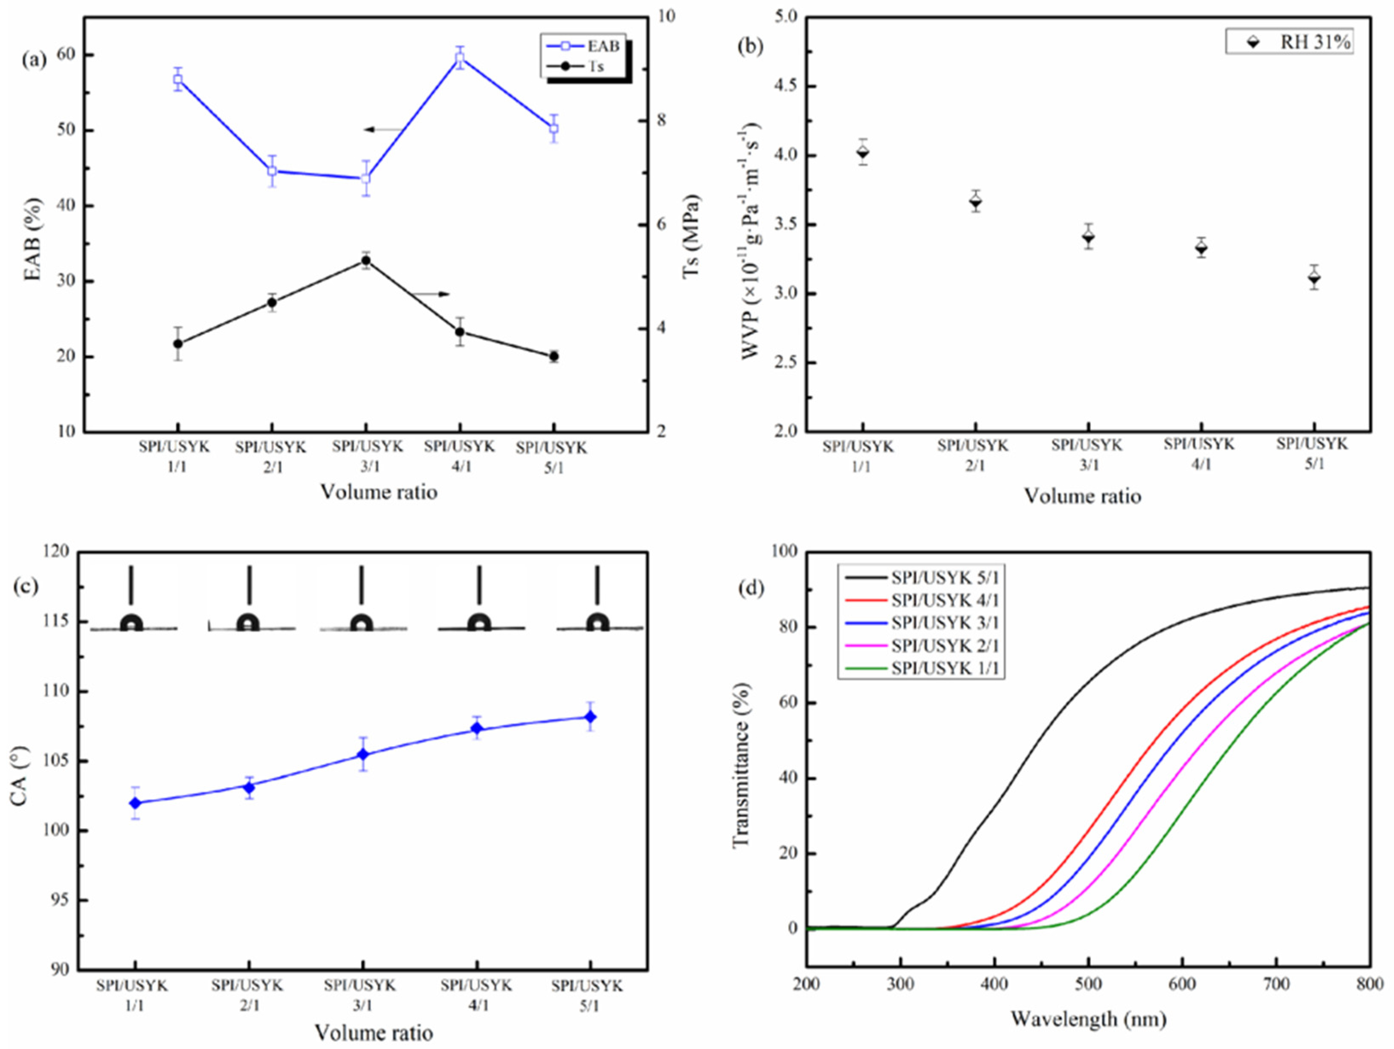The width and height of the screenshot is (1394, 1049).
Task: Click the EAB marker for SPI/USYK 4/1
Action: [459, 58]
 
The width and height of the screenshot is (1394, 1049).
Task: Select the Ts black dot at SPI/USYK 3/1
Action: [365, 260]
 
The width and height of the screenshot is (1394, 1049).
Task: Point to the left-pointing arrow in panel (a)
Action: [384, 130]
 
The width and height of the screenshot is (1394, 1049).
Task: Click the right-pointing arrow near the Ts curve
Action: [432, 294]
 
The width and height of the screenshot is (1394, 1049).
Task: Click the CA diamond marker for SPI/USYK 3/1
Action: [363, 754]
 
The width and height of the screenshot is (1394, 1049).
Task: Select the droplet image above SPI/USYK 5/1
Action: [597, 623]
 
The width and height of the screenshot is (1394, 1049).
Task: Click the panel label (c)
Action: [26, 586]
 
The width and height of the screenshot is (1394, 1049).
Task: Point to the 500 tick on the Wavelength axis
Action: [1088, 983]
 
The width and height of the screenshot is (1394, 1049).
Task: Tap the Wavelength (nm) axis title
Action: [1088, 1019]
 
